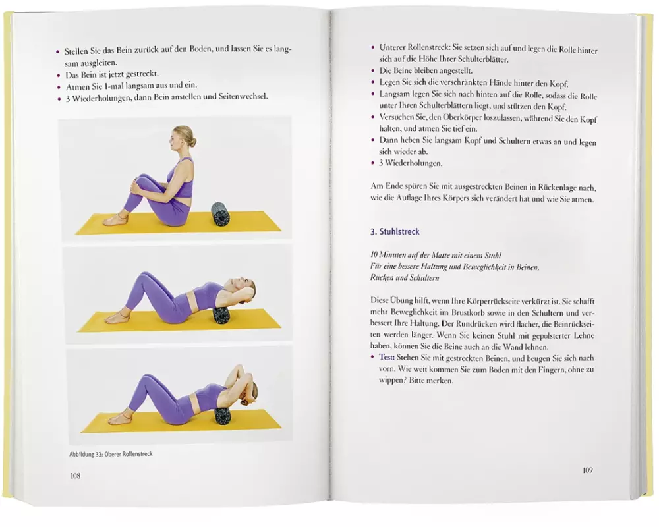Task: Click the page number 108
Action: click(x=76, y=476)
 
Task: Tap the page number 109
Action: click(x=588, y=470)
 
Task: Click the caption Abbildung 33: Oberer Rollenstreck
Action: click(x=111, y=454)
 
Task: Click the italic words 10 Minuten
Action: click(x=387, y=255)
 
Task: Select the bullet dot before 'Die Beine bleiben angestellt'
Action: click(x=373, y=70)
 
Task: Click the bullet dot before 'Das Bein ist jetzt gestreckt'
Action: click(x=59, y=75)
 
